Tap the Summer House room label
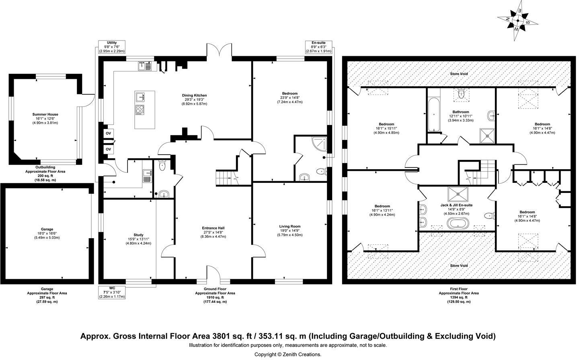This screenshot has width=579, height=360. (45, 115)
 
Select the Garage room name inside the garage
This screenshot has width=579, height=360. (47, 229)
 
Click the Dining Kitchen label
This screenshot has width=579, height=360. (194, 95)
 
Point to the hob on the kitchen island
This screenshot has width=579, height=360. (140, 110)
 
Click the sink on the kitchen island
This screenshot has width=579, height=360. (140, 96)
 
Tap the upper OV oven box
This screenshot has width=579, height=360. (108, 133)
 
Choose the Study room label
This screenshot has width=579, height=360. (139, 235)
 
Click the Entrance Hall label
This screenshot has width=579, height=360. (213, 228)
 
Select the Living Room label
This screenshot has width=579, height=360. (290, 227)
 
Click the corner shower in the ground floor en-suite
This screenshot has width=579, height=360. (320, 144)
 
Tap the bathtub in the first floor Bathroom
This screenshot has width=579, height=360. (434, 115)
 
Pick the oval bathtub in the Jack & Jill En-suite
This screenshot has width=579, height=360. (458, 223)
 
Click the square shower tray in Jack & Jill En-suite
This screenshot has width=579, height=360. (458, 194)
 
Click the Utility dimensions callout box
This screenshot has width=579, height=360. (112, 47)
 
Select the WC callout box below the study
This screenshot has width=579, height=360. (112, 292)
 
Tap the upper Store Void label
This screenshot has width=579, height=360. (459, 74)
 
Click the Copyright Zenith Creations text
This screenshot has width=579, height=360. (288, 355)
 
